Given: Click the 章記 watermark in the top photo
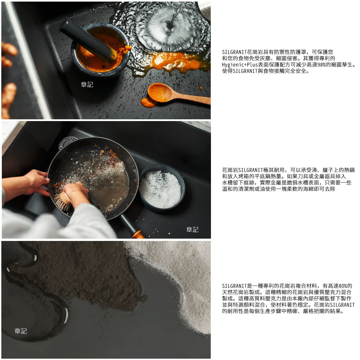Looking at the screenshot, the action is [x=87, y=85].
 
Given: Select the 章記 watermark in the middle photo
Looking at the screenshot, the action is [x=192, y=230].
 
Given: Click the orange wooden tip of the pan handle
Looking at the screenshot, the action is [x=138, y=234].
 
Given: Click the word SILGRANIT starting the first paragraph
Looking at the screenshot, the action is [x=234, y=52].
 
